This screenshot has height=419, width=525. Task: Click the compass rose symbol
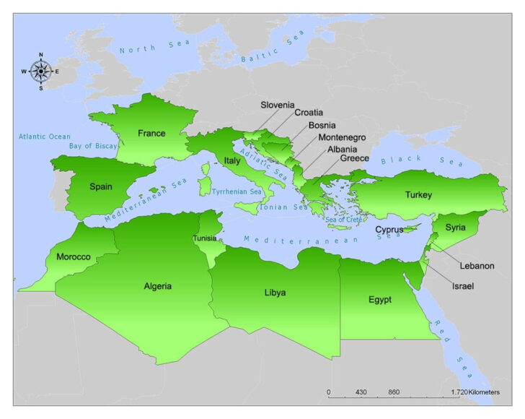(40, 71)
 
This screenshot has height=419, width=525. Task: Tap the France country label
(151, 134)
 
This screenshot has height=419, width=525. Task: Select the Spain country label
(101, 186)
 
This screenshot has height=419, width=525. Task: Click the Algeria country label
(158, 286)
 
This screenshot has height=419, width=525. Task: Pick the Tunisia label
(204, 238)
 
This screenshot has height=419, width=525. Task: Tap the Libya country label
(275, 293)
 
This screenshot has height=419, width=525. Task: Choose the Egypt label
(379, 299)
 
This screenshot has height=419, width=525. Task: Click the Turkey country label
(418, 195)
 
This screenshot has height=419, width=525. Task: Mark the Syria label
(455, 228)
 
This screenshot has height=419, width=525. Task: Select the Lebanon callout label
(477, 266)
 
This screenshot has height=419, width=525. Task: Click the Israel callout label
(463, 287)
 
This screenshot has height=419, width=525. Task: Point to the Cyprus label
(389, 230)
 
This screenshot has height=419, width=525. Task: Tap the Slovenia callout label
(277, 105)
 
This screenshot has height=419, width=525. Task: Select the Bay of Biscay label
(93, 146)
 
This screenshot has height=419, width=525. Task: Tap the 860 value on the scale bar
(394, 392)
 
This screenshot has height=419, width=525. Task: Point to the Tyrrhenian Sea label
(237, 192)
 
